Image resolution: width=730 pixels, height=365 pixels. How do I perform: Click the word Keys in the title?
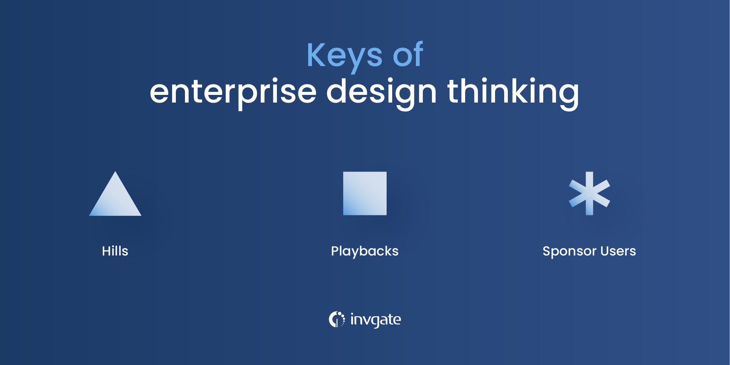tap(344, 56)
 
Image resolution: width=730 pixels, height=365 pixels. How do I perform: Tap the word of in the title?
tap(408, 55)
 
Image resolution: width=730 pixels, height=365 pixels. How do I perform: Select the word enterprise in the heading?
tap(233, 92)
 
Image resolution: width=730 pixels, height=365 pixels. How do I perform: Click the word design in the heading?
tap(381, 92)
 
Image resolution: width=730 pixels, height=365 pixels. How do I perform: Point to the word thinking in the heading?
tap(513, 92)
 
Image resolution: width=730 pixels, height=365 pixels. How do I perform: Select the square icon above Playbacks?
tap(365, 193)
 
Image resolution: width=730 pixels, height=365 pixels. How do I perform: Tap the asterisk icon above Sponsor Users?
tap(589, 193)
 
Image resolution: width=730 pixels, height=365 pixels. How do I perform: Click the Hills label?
tap(115, 251)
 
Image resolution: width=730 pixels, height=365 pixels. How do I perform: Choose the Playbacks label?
tap(365, 251)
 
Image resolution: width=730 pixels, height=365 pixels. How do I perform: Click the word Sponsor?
tap(569, 251)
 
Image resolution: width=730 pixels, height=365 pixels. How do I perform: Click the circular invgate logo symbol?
tap(336, 319)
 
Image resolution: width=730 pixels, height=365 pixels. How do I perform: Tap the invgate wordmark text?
tap(375, 320)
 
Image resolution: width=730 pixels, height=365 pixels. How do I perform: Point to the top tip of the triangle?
tap(115, 173)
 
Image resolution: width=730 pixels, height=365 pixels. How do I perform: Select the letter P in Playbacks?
tap(335, 251)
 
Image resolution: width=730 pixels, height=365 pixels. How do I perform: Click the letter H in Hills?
tap(106, 251)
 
